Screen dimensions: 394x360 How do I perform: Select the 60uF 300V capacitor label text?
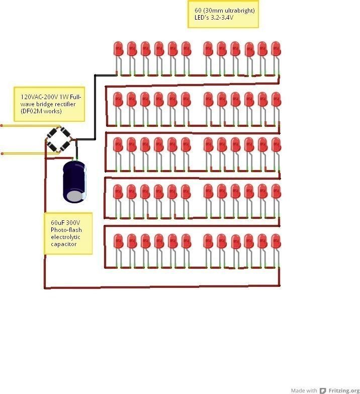(x=65, y=222)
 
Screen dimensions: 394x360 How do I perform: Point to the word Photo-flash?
(x=66, y=229)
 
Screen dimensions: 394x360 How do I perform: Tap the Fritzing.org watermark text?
(x=344, y=390)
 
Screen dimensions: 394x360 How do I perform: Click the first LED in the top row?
(x=119, y=49)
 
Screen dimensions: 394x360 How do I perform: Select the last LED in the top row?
(x=276, y=49)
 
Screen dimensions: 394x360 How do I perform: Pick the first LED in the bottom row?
(x=119, y=242)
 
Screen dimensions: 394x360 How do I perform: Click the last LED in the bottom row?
(x=276, y=242)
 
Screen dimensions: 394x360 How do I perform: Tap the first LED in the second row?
(x=119, y=100)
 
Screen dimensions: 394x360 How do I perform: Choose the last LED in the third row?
(x=276, y=145)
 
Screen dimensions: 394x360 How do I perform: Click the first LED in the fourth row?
(x=119, y=192)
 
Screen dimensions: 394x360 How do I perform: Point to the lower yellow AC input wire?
(x=25, y=153)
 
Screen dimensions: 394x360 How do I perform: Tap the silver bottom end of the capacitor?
(x=75, y=196)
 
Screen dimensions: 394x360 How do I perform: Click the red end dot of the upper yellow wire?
(x=2, y=125)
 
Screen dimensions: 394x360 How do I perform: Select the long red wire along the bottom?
(x=161, y=287)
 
